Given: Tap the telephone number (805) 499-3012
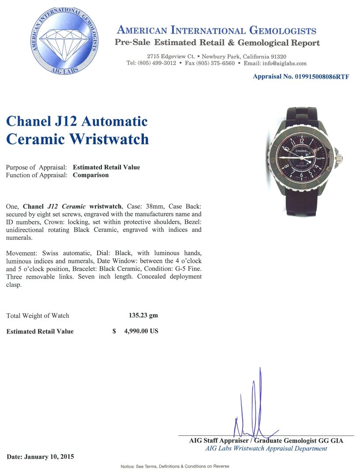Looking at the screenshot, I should click(x=157, y=63).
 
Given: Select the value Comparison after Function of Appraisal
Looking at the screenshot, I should click(x=90, y=175).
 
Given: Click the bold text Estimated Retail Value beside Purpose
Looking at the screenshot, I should click(x=106, y=167).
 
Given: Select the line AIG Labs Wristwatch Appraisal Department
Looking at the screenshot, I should click(x=266, y=449).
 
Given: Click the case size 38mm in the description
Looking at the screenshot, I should click(x=152, y=206).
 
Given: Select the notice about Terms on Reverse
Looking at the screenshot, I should click(x=175, y=466).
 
